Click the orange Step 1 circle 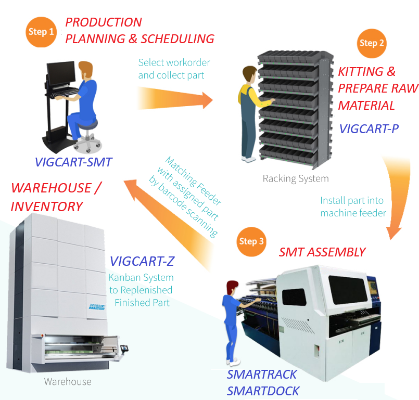point(41,32)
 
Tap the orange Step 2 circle point(372,43)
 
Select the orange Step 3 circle point(252,241)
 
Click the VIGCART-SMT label point(73,162)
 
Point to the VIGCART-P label point(369,128)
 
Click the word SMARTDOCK point(263,390)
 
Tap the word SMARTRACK point(262,375)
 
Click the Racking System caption point(296,178)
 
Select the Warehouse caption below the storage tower point(68,382)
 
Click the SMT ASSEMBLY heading point(322,252)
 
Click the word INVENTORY point(47,206)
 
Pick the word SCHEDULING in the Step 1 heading point(177,38)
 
